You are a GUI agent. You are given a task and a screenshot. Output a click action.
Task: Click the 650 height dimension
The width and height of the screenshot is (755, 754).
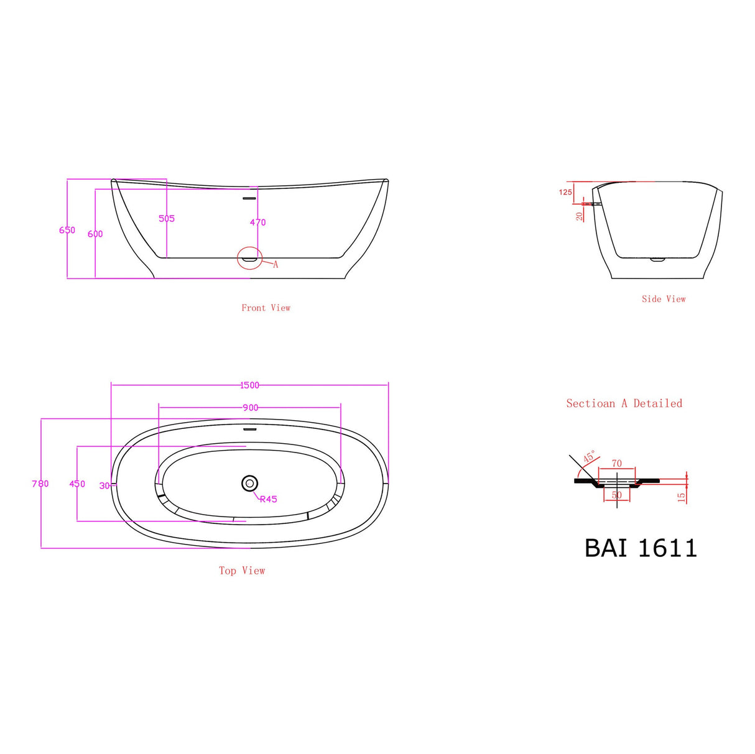[x=67, y=230]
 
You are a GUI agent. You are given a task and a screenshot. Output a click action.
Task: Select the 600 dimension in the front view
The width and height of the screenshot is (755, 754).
[x=95, y=234]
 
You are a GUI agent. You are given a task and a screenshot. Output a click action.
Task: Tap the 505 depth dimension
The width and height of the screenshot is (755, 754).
[x=167, y=218]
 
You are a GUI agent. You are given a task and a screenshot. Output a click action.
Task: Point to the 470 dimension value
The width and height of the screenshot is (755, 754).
[x=257, y=222]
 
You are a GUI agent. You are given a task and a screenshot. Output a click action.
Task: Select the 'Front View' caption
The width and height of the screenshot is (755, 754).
[x=266, y=308]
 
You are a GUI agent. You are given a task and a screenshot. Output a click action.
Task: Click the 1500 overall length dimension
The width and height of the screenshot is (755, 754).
[x=249, y=385]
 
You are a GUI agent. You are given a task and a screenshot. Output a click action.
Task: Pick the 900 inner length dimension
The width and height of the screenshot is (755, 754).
[x=250, y=408]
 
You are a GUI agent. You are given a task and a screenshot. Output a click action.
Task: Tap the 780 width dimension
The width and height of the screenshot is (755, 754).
[x=40, y=484]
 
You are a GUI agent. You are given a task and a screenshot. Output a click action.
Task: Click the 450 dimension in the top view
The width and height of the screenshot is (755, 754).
[x=77, y=484]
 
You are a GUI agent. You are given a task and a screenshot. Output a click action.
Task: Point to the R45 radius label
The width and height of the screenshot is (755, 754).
[x=268, y=499]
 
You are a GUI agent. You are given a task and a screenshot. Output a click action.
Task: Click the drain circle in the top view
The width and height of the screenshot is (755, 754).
[x=249, y=483]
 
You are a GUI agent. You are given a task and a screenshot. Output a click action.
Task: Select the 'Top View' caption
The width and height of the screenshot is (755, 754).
[x=242, y=571]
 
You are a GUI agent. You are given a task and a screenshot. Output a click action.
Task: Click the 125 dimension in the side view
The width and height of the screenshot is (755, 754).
[x=565, y=192]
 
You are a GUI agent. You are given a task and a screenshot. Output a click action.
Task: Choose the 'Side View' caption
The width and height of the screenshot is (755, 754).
[x=664, y=299]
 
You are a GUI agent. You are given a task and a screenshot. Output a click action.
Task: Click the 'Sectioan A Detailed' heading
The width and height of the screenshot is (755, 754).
[x=624, y=403]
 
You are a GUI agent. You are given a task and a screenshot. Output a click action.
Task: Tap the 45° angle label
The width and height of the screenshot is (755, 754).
[x=589, y=457]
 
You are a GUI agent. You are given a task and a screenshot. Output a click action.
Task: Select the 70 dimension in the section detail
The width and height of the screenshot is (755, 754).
[x=616, y=464]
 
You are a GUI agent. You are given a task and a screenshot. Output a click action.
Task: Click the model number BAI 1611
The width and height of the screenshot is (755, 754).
[x=641, y=548]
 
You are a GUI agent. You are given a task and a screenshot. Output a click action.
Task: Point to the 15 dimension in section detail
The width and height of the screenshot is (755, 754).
[x=682, y=497]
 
